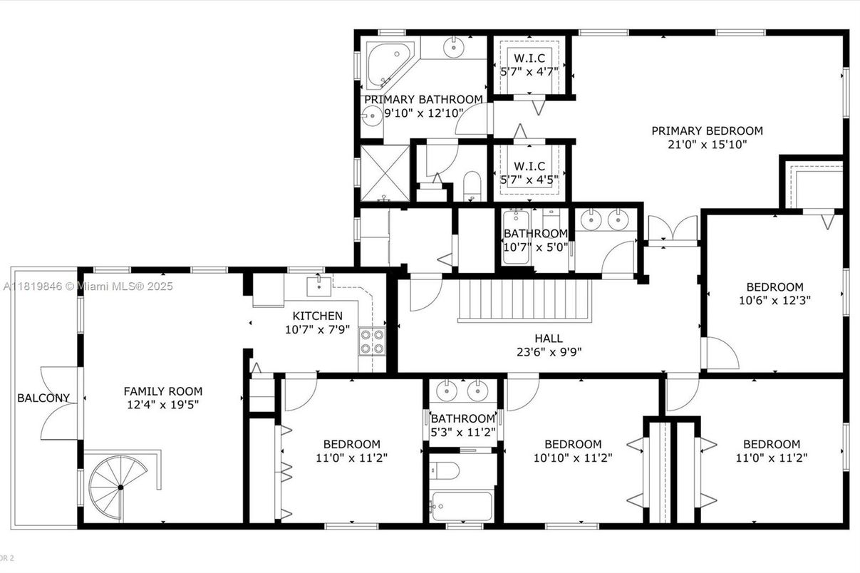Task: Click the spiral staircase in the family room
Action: [119, 487]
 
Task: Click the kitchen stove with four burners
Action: [371, 341]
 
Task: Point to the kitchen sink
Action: [317, 286]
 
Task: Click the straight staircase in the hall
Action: [525, 300]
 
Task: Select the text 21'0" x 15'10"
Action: [707, 145]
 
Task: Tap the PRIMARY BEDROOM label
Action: [707, 130]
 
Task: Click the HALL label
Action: [548, 339]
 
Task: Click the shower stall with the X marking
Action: [385, 173]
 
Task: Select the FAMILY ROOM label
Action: [162, 391]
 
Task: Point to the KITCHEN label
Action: [317, 316]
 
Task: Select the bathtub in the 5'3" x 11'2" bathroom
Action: [462, 507]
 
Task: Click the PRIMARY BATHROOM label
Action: [423, 99]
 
